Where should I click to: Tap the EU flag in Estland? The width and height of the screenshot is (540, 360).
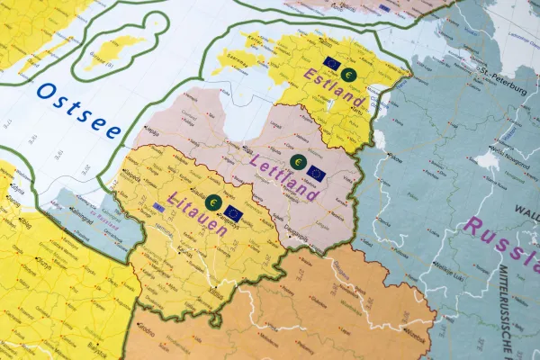(x=330, y=63)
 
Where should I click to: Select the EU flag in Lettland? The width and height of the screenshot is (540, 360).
(x=316, y=171)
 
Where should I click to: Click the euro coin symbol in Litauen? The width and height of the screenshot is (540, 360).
(x=213, y=202)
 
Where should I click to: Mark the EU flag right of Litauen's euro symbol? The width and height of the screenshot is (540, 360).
(x=234, y=213)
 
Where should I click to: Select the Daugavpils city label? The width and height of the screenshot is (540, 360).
(x=294, y=230)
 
